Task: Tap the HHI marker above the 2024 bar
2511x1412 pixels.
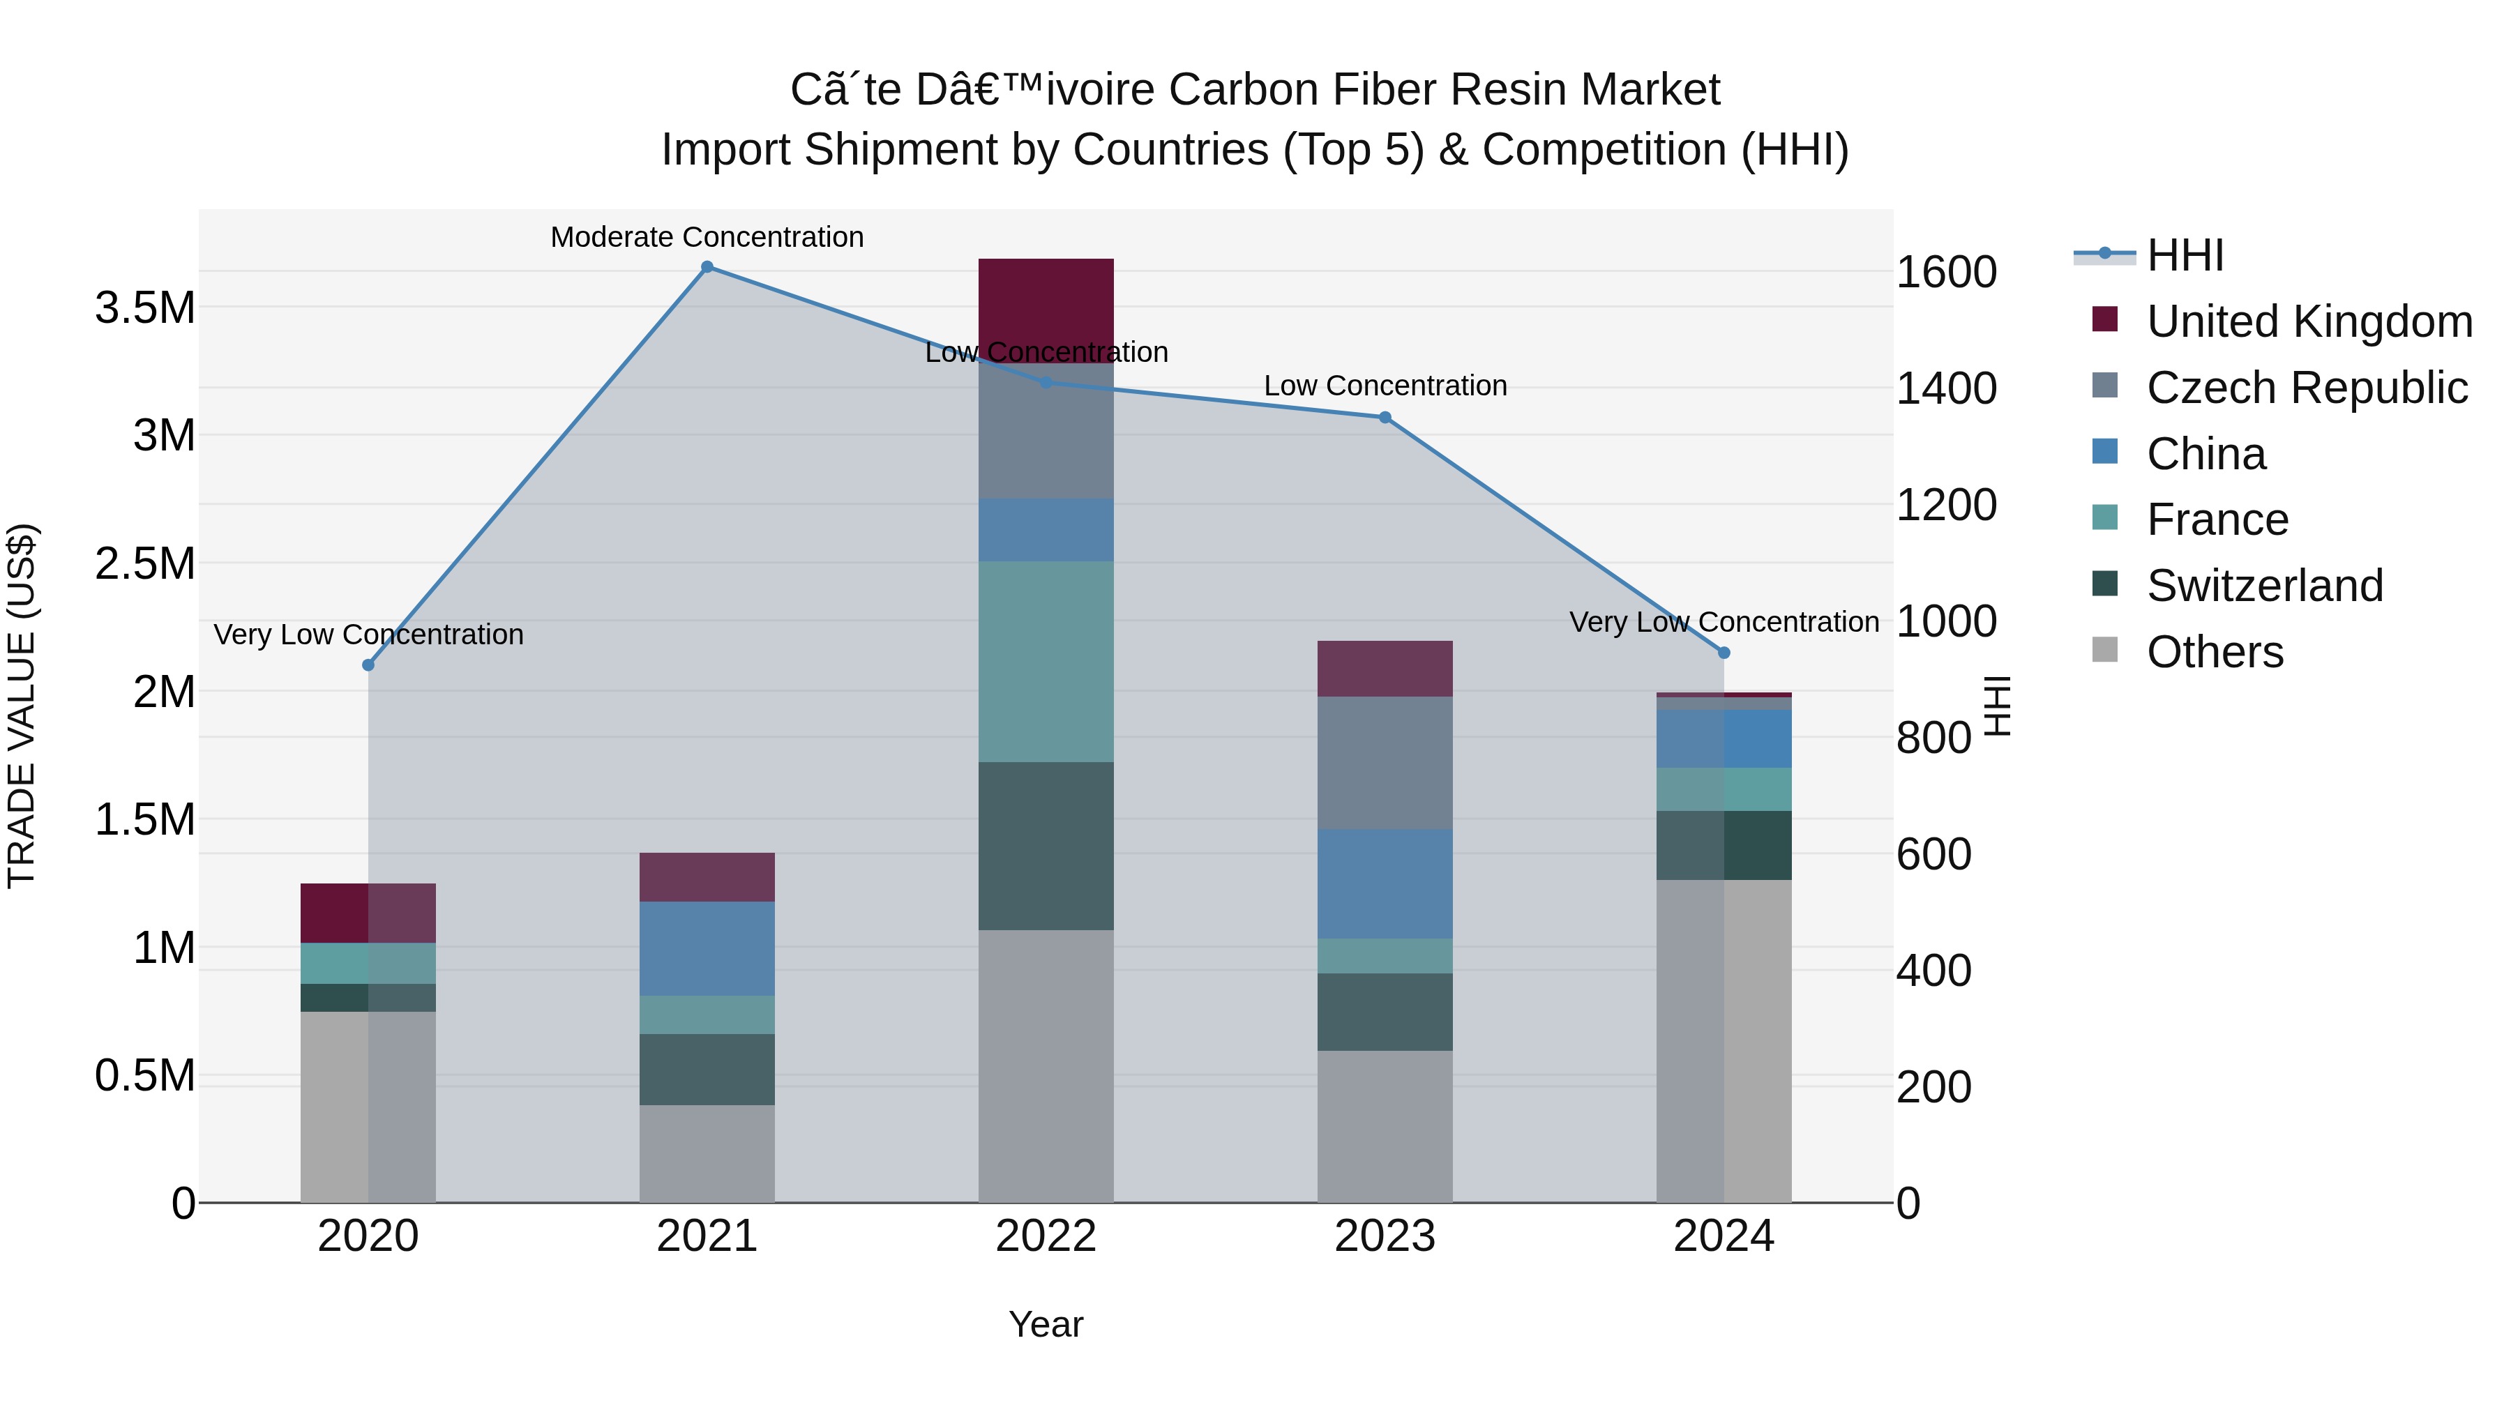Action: coord(1724,653)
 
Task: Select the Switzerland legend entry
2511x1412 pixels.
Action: coord(2263,586)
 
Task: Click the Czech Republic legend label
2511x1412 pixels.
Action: coord(2307,388)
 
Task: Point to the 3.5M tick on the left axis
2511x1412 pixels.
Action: coord(145,308)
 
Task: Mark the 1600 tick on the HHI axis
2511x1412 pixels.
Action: coord(1945,272)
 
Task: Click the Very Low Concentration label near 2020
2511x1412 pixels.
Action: coord(368,635)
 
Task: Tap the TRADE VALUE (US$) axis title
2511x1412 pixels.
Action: coord(22,706)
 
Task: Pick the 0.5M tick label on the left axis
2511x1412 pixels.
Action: coord(145,1076)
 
